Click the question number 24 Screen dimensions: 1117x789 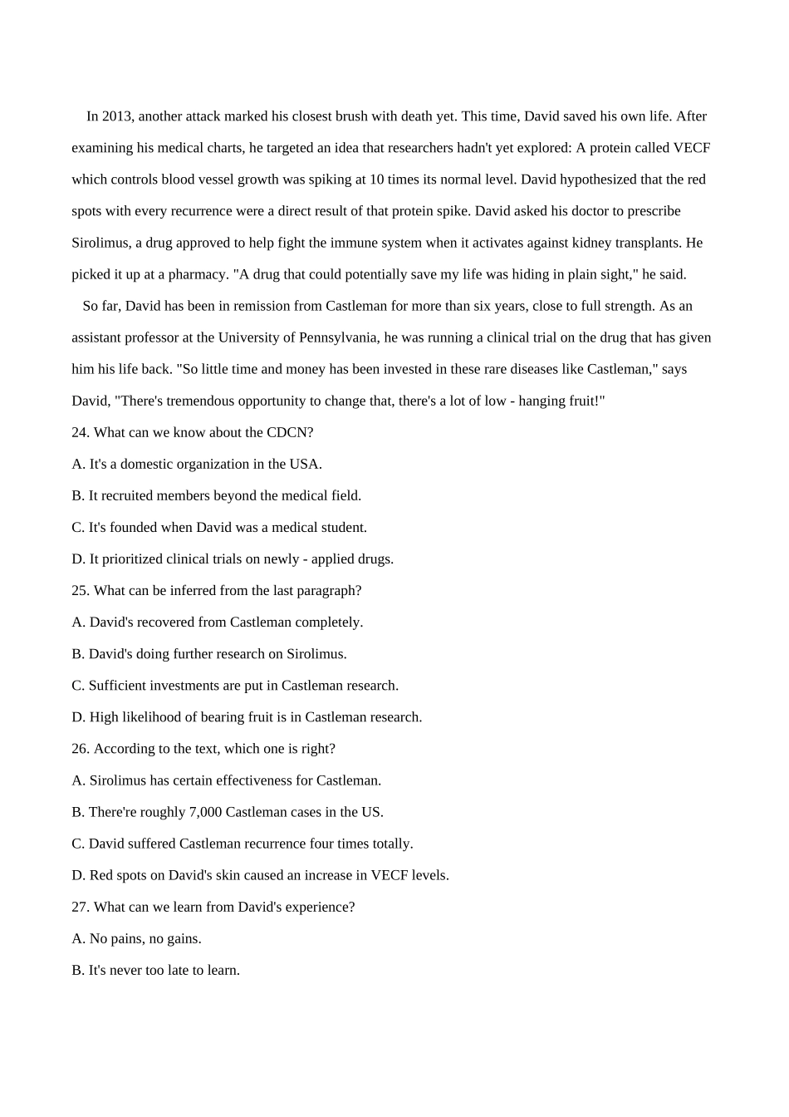coord(80,432)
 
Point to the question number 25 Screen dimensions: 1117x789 coord(80,591)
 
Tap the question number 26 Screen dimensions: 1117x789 coord(80,749)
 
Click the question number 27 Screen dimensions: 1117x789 coord(80,907)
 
